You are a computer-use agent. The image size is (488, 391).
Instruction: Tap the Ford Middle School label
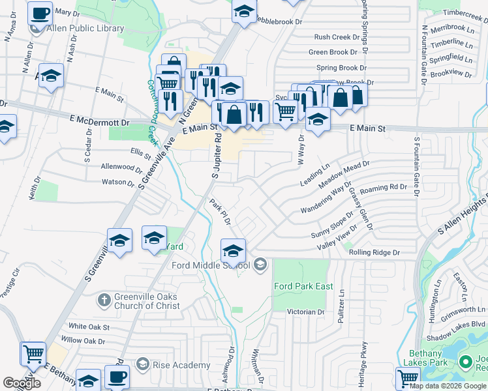(211, 265)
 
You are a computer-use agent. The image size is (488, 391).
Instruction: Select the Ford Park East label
(303, 286)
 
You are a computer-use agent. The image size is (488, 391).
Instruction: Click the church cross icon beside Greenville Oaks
(103, 300)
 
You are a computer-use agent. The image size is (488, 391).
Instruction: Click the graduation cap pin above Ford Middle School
(233, 250)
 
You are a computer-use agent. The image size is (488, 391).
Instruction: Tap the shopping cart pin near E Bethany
(33, 354)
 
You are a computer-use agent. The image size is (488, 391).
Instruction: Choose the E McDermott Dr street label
(100, 121)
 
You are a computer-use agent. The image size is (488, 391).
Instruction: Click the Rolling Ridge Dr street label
(374, 252)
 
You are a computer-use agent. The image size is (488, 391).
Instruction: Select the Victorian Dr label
(306, 312)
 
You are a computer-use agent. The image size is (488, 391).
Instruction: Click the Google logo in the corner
(22, 383)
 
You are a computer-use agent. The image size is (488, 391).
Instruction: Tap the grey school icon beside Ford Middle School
(260, 264)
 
